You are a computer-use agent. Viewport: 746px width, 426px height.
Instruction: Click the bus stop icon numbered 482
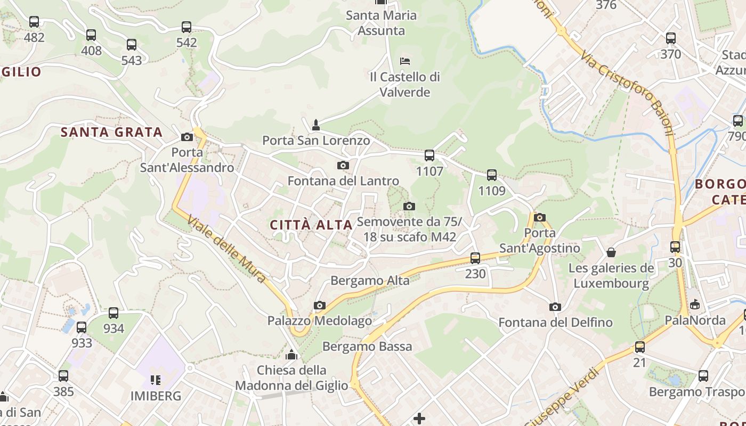34,22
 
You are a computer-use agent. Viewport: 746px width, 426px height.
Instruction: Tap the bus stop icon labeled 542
186,27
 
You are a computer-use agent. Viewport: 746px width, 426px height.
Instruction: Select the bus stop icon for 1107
429,155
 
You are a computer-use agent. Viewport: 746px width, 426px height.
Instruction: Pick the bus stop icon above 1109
491,175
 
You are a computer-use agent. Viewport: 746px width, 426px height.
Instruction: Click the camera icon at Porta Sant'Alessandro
186,137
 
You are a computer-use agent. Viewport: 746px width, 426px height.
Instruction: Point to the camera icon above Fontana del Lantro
343,166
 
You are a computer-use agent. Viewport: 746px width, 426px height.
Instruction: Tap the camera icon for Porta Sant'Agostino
539,217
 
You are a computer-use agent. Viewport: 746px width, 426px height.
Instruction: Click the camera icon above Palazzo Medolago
319,305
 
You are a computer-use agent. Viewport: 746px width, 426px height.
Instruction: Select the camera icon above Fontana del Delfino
555,307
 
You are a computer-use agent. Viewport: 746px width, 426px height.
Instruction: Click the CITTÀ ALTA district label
311,225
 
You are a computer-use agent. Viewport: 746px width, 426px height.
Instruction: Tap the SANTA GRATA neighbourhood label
111,132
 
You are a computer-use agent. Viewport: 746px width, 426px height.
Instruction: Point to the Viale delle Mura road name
226,249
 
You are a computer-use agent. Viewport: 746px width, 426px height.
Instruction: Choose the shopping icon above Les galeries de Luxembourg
611,252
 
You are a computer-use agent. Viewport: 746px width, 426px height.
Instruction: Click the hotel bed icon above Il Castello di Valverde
405,61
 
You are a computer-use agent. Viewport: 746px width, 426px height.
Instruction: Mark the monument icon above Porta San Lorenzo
315,125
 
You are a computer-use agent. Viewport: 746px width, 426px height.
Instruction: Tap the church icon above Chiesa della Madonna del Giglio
291,354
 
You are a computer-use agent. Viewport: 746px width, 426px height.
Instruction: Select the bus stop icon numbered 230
475,258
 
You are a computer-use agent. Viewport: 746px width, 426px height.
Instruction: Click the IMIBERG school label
156,396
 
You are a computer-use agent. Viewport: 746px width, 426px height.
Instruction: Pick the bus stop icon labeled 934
113,313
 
